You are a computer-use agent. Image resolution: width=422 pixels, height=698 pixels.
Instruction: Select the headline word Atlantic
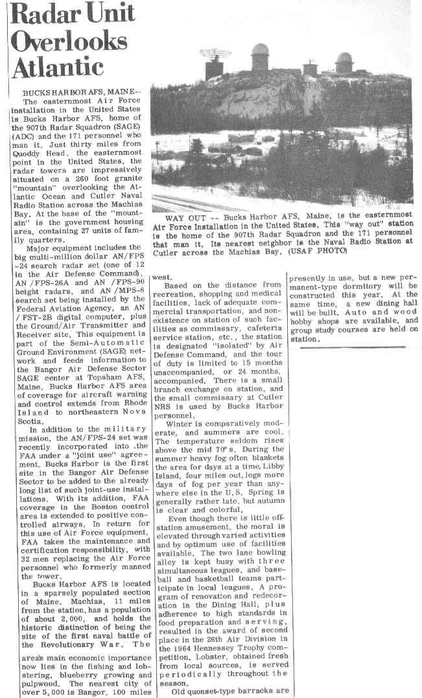(x=58, y=67)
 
